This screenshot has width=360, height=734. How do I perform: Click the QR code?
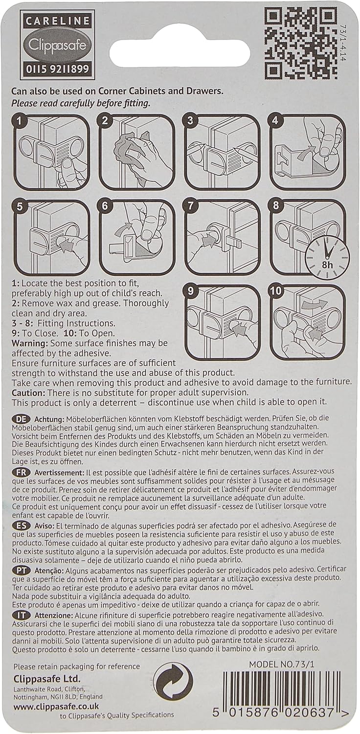(300, 44)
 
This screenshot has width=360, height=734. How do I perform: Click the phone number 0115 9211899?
(57, 69)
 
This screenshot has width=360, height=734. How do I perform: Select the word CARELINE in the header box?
(57, 22)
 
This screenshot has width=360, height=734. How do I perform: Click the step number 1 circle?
(20, 121)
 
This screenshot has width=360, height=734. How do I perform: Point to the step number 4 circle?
(275, 120)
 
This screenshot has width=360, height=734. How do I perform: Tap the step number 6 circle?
(105, 206)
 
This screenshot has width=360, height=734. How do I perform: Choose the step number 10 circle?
(275, 291)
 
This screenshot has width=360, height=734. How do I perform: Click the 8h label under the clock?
(327, 264)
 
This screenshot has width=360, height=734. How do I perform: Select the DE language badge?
(21, 419)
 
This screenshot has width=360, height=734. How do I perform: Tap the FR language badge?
(21, 473)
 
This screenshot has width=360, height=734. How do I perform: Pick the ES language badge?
(21, 526)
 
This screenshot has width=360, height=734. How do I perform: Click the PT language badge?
(21, 571)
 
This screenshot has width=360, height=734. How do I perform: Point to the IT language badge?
(21, 615)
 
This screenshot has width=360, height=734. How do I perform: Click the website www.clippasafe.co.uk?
(56, 707)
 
